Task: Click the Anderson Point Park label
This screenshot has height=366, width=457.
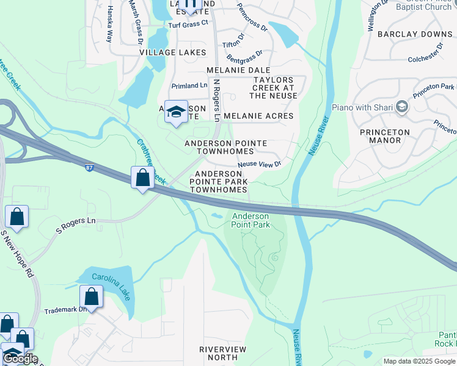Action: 250,220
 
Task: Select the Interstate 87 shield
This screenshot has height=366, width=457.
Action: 89,167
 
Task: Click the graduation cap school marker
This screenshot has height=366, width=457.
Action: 176,112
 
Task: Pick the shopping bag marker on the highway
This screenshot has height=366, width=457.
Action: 143,179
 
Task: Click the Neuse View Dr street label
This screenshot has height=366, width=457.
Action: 259,164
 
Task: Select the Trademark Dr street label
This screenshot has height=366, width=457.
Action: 66,310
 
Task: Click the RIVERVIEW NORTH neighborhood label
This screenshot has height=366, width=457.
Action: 223,353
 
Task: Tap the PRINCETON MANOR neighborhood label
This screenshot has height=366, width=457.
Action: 381,136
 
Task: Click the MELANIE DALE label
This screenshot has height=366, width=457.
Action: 238,70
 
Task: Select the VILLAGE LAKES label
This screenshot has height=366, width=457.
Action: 173,52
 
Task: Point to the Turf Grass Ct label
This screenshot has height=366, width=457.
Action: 188,23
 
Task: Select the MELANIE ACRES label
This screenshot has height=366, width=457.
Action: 258,116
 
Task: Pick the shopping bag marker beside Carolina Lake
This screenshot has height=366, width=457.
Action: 92,298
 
